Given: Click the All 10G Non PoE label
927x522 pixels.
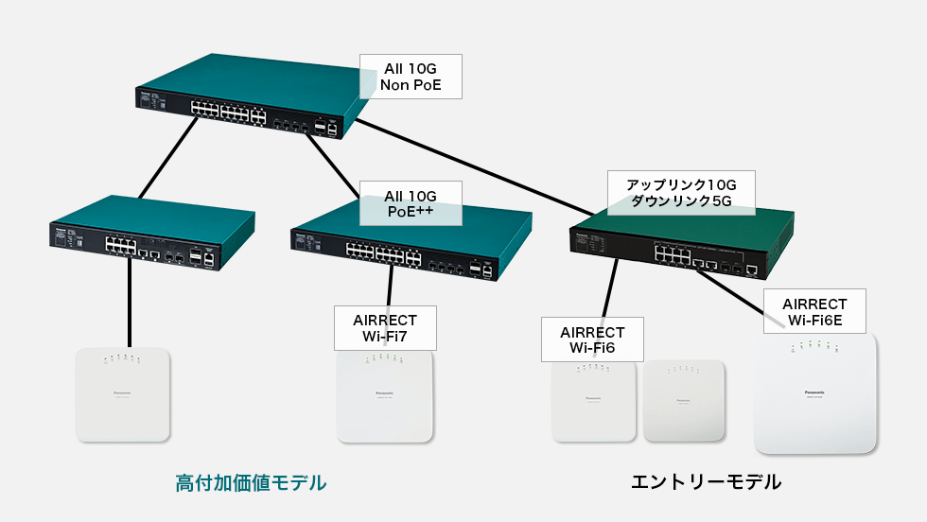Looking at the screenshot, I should (x=411, y=77).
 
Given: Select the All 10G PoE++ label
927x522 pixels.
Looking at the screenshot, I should (x=411, y=203).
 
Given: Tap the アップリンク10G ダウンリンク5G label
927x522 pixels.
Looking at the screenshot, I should (x=681, y=192).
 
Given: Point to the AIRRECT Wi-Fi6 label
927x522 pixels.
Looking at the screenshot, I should (x=592, y=339).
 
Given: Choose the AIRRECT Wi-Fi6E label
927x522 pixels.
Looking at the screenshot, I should (x=814, y=312).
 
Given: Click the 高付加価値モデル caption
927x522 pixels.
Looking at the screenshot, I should (x=251, y=483).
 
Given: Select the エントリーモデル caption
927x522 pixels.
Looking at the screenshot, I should (x=706, y=482).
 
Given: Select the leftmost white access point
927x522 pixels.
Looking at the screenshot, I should (x=123, y=394).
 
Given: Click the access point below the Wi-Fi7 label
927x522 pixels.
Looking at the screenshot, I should (x=385, y=397).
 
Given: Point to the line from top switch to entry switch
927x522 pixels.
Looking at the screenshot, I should (x=473, y=163).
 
